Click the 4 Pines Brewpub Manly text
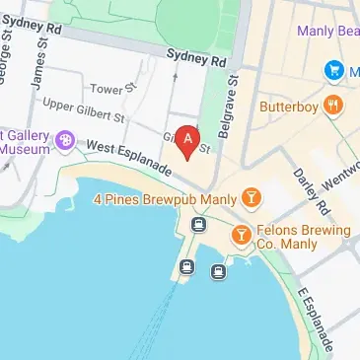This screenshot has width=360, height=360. click(165, 199)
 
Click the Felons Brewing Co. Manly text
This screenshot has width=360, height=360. click(305, 238)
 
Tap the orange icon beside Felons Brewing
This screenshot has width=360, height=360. click(241, 236)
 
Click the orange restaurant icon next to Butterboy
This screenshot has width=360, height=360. click(335, 107)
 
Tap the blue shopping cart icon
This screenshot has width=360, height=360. click(335, 70)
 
